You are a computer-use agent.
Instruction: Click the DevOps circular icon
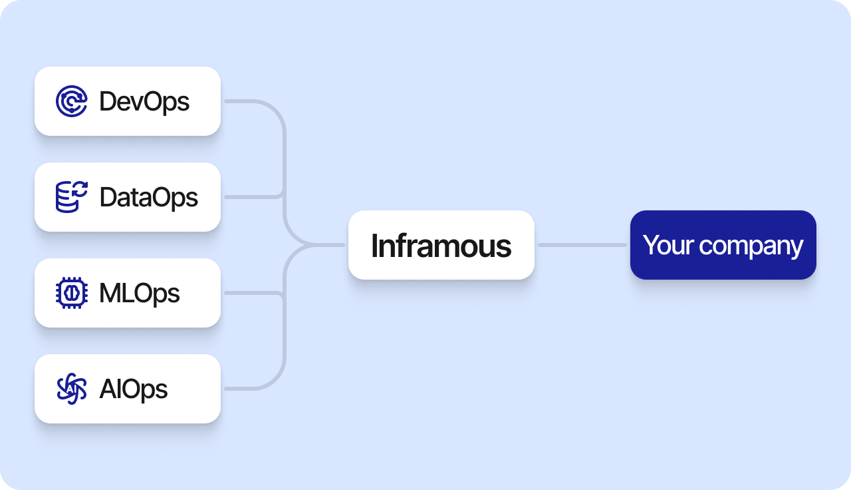click(x=71, y=101)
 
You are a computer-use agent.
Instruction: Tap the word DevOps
click(x=144, y=102)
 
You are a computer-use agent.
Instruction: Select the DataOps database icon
click(x=71, y=197)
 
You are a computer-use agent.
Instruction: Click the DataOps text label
click(x=148, y=198)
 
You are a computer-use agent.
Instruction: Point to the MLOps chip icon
click(x=71, y=293)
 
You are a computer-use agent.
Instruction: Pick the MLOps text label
click(x=140, y=294)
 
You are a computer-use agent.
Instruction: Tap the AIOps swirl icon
click(x=71, y=389)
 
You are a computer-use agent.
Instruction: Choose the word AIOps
click(x=134, y=389)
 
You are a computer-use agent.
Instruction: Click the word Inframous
click(x=441, y=246)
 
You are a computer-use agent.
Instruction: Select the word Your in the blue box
click(x=668, y=245)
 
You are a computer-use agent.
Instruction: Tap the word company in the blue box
click(x=751, y=247)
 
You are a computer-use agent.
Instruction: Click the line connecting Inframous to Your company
click(x=582, y=245)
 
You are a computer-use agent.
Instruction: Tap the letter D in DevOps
click(x=108, y=101)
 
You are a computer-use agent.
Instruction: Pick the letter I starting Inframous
click(x=374, y=246)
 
